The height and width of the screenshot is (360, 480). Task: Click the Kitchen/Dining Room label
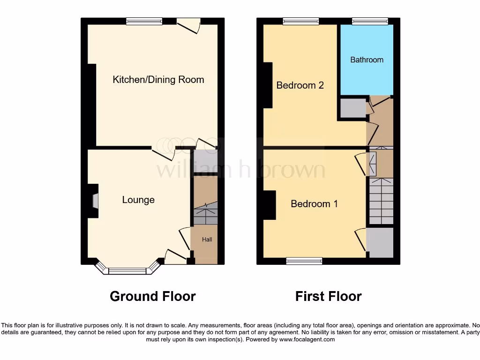pos(158,80)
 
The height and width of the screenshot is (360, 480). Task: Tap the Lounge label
pos(138,200)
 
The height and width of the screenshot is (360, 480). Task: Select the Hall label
pos(207,240)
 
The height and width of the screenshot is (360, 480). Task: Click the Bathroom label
pos(367,60)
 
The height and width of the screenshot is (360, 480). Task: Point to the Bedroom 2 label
pos(300,85)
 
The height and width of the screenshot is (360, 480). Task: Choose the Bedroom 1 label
pos(314,204)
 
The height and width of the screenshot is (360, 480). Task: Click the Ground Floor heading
pos(152,296)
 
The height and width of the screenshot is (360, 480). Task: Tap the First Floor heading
pos(328,296)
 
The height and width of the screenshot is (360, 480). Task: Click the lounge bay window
pos(127,270)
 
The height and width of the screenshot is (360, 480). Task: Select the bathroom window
pos(370,21)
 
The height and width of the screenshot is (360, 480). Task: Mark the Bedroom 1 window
pos(304,261)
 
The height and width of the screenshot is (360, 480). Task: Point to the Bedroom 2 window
pos(301,21)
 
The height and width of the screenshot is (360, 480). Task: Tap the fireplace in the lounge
pos(95,201)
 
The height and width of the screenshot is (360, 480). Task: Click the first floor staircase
pos(381,201)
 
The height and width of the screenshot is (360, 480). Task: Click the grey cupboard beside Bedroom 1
pos(381,242)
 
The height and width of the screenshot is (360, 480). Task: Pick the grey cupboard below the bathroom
pos(352,108)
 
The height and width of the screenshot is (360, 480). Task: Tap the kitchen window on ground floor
pos(144,21)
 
